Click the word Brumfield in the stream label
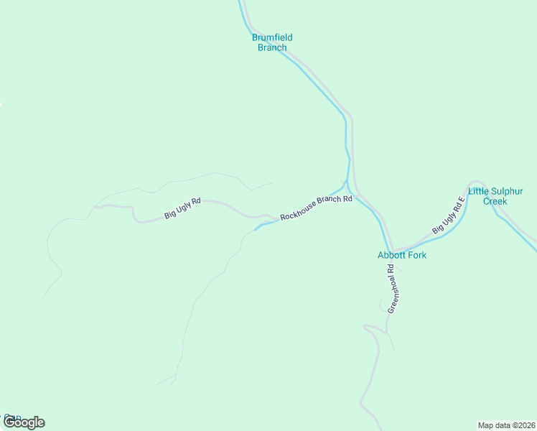272,37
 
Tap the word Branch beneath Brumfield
272,47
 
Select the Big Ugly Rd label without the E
182,208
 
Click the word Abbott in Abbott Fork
393,255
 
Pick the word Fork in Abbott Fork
417,255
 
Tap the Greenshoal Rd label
392,289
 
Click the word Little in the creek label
477,191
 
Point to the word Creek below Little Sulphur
495,201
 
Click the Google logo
24,422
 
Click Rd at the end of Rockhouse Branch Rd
347,198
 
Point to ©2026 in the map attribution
523,425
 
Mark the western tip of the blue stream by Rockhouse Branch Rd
254,231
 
